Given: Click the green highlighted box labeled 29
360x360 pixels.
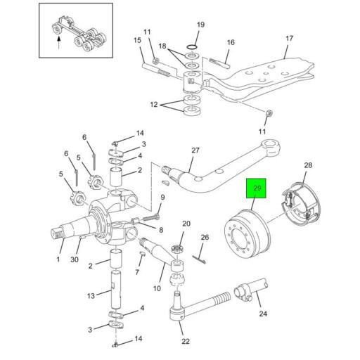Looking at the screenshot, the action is (256, 188).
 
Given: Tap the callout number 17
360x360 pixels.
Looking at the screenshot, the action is (289, 38).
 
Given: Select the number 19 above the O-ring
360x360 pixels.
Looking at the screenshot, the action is (200, 25).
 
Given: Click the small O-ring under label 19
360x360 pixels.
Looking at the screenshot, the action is (192, 47).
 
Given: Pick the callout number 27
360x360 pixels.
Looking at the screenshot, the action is (195, 150).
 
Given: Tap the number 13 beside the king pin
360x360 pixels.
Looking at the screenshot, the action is (91, 296).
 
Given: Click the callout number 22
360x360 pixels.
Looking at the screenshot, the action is (186, 341).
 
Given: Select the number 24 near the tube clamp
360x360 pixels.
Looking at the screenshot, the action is (263, 314).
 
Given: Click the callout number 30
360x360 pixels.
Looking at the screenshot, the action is (75, 259).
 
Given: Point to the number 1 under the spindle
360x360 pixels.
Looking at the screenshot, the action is (58, 259).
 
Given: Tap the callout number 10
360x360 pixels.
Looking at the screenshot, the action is (157, 288).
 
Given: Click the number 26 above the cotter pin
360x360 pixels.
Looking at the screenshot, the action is (205, 237).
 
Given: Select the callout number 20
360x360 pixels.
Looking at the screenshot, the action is (186, 224).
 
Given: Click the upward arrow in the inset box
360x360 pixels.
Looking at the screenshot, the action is (59, 42).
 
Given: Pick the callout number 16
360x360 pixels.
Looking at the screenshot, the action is (231, 42).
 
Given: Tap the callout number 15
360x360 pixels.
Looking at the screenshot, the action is (137, 40).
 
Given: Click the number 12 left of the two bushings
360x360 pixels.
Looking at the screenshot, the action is (154, 105).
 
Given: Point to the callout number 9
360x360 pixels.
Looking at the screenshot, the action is (162, 198).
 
